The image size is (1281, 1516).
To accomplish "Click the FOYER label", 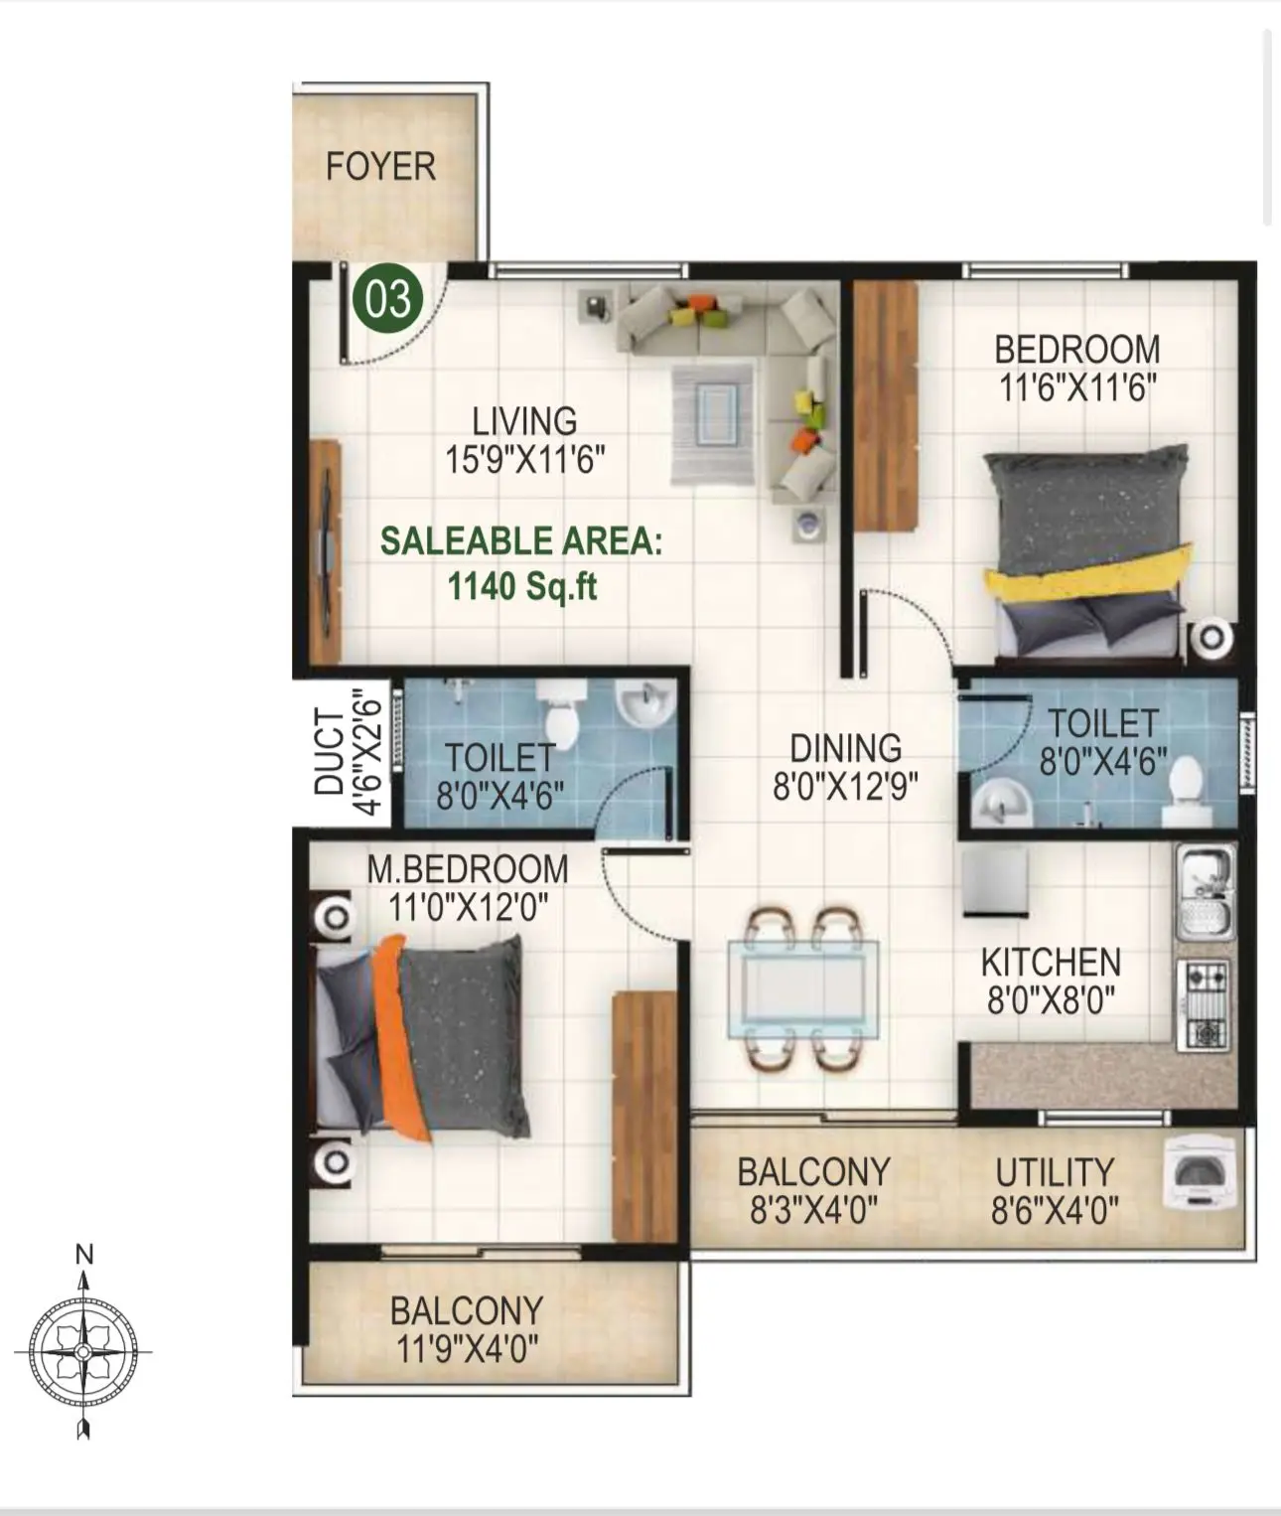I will [x=380, y=166].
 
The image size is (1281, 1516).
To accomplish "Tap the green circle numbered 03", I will [x=387, y=298].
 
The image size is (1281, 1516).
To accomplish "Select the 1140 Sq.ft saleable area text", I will [x=522, y=586].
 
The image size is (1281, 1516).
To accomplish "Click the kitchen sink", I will [x=1205, y=891].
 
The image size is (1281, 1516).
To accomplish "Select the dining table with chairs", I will [x=802, y=987].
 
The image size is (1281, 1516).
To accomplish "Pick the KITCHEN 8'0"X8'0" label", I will [x=1051, y=980].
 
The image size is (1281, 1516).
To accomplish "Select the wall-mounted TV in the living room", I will [x=324, y=551].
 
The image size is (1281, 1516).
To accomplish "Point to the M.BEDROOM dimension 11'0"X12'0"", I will [x=468, y=906].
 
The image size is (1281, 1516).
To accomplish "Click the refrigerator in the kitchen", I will [x=995, y=881].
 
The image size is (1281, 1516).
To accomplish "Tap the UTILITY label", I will [x=1055, y=1172].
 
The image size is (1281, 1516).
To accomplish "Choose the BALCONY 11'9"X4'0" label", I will [x=467, y=1329].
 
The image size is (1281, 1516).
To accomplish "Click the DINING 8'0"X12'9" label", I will [x=845, y=766].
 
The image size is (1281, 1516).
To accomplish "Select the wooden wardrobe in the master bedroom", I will [x=644, y=1115].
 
